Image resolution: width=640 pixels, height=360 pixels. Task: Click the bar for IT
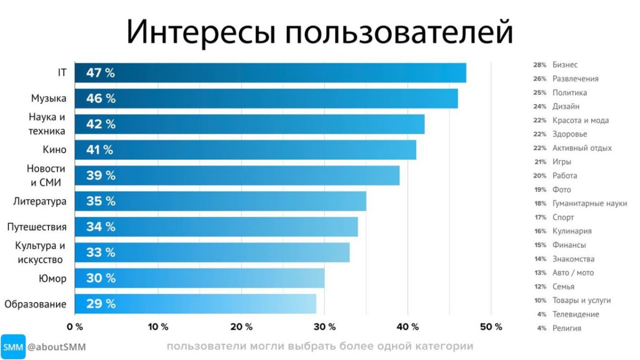270,73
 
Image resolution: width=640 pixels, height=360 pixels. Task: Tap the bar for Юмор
199,278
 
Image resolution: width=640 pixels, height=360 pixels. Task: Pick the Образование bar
195,303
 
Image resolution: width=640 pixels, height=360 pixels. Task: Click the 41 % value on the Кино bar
100,150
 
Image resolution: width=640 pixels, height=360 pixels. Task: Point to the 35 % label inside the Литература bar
100,201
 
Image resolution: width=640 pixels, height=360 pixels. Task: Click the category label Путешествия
36,227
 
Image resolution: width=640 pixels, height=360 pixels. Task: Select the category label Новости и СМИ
46,175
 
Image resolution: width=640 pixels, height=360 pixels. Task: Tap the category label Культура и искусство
40,252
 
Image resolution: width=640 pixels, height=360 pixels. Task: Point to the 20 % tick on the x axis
241,327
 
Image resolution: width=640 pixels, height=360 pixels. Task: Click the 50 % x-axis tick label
491,327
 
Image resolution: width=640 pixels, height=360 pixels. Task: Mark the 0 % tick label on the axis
75,327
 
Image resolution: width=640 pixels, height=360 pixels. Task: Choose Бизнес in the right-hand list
565,65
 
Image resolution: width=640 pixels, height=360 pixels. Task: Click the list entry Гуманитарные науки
589,203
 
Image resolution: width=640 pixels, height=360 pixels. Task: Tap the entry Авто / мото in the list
573,273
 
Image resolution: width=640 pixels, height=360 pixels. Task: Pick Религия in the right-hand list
566,328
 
